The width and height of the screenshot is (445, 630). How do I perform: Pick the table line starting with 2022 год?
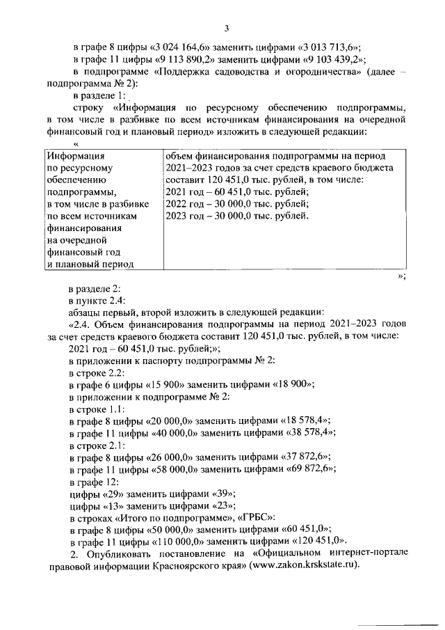pos(237,204)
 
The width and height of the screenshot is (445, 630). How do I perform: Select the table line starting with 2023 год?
pos(237,216)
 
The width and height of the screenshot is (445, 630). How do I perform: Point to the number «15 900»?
pos(161,384)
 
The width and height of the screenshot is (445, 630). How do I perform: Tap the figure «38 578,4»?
pos(310,432)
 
